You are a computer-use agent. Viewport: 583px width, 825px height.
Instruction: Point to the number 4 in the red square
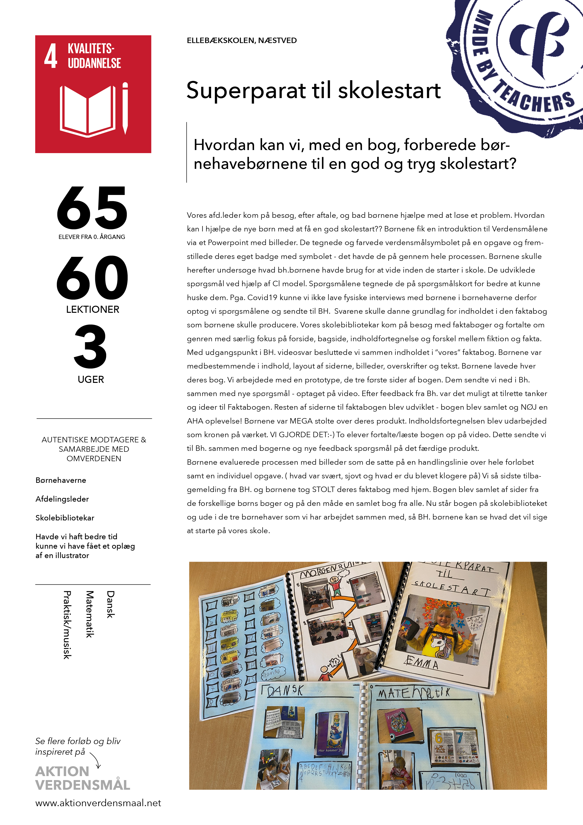(x=51, y=56)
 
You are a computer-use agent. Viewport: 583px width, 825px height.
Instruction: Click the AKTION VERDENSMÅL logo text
(x=83, y=778)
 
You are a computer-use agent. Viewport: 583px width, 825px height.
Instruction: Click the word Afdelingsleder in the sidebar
(x=62, y=499)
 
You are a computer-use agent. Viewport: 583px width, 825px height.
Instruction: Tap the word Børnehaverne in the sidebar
(x=61, y=480)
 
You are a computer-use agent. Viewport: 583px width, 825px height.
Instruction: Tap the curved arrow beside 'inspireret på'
(x=95, y=760)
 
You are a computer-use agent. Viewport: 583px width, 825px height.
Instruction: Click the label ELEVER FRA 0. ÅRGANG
(x=92, y=237)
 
